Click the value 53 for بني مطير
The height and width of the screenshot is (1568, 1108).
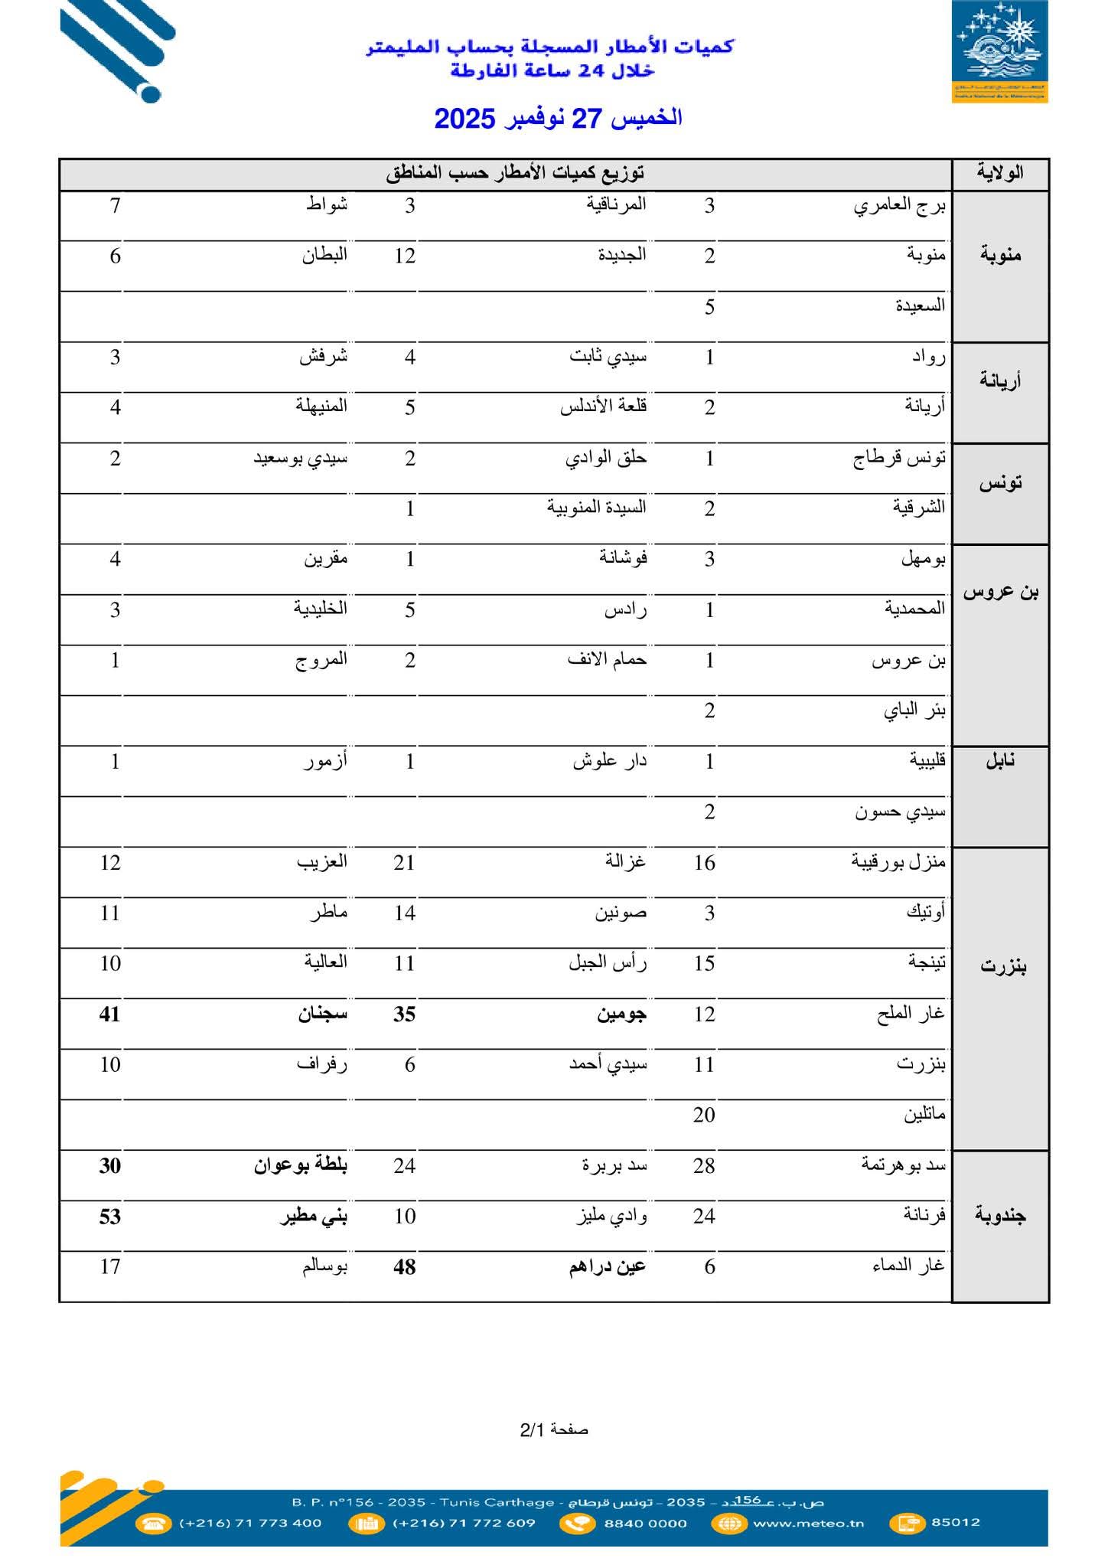[x=110, y=1217]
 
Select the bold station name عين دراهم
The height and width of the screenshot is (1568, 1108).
[x=608, y=1267]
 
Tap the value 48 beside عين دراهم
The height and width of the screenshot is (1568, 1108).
[x=404, y=1267]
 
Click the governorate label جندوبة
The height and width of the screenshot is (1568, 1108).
[x=1000, y=1216]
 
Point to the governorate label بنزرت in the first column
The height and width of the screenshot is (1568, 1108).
[x=1002, y=967]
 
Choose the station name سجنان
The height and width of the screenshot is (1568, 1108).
[x=323, y=1014]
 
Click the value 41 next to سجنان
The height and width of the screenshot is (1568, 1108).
[x=110, y=1014]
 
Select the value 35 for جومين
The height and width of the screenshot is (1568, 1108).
[x=404, y=1014]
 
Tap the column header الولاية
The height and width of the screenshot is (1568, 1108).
[x=1000, y=173]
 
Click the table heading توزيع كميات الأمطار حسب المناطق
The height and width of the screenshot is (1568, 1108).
[x=515, y=173]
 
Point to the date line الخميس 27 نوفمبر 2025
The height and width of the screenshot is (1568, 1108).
[x=558, y=119]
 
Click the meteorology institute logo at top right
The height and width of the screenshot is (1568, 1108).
[x=999, y=52]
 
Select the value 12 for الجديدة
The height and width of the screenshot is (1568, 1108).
[x=405, y=256]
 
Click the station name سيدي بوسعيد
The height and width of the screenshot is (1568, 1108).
[x=301, y=459]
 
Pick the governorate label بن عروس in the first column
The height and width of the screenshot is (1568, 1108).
[x=1000, y=592]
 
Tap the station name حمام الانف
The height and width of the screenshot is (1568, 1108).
[x=607, y=659]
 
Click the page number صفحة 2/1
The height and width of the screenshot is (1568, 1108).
[x=554, y=1429]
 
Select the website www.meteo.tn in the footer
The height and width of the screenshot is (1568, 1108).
[x=808, y=1523]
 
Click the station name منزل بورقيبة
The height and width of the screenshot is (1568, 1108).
[x=898, y=863]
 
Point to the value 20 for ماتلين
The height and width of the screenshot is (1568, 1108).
[x=704, y=1116]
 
